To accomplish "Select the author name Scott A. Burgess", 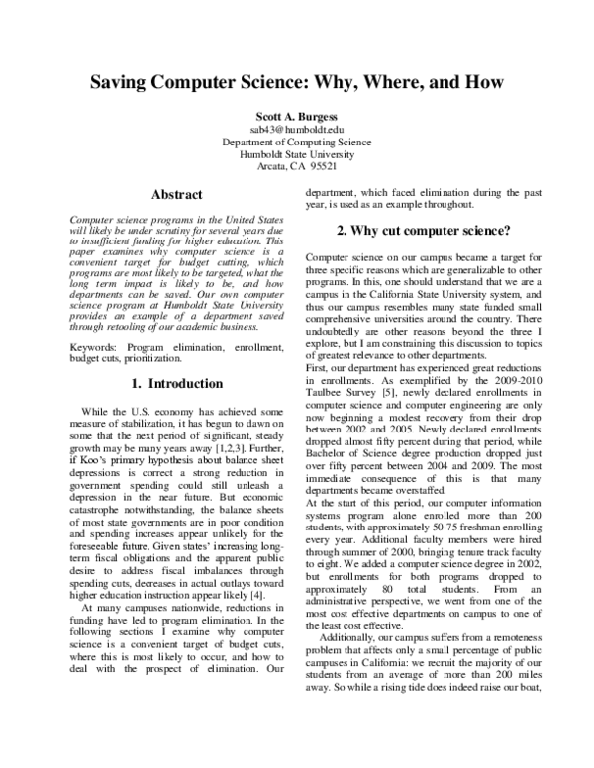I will (x=296, y=115).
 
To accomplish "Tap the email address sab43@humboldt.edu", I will (x=296, y=129).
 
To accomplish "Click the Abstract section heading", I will (x=174, y=195).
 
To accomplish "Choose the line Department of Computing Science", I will (x=296, y=142).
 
